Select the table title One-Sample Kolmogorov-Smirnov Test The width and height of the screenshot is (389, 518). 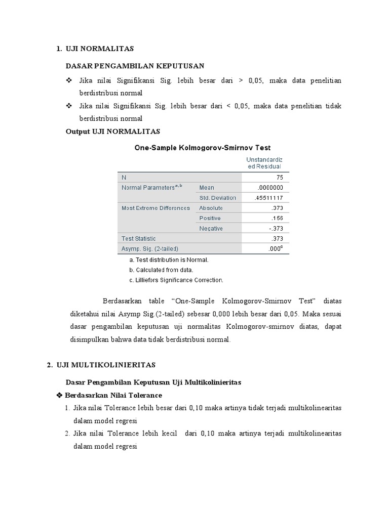pos(202,148)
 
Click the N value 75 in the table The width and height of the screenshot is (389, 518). pos(279,178)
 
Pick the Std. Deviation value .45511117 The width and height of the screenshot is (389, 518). pos(270,198)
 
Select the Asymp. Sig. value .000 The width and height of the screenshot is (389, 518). pos(275,248)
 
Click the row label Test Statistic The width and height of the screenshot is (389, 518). pos(139,238)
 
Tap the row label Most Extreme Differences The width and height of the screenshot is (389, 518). pos(155,208)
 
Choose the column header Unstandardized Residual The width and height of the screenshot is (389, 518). pos(264,162)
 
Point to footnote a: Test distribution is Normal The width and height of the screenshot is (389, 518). pos(169,260)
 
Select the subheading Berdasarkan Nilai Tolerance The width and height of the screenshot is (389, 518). pos(112,395)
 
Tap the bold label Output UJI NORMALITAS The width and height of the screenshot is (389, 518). pos(113,132)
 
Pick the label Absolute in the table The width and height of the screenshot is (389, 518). pos(211,208)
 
